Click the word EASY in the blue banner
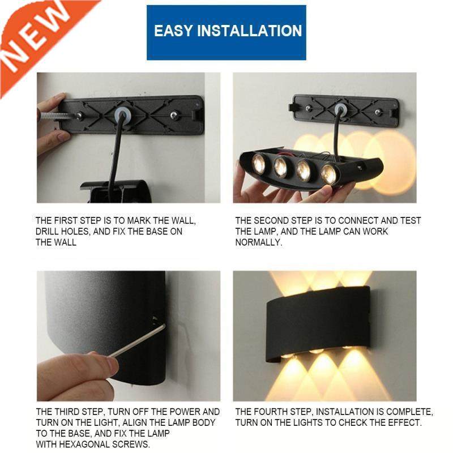tap(173, 31)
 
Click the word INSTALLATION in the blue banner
tap(249, 31)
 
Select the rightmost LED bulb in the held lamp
tap(329, 173)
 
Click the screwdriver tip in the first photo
tap(79, 116)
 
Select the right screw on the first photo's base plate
tap(174, 116)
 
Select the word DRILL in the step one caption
tap(48, 232)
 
